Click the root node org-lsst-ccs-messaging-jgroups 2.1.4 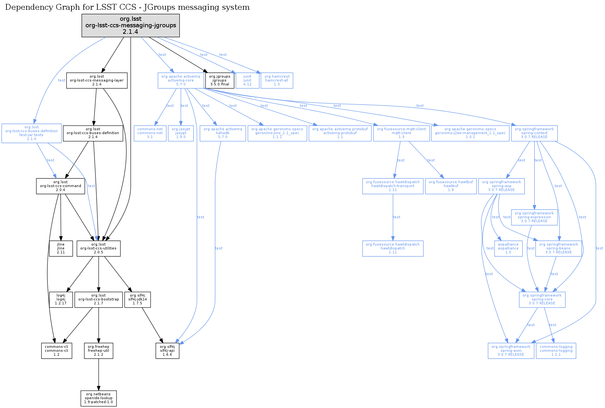coord(130,25)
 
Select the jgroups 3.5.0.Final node coord(219,81)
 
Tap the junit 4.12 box coord(247,81)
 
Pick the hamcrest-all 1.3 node coord(277,81)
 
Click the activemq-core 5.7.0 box coord(181,81)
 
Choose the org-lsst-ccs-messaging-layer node coord(97,81)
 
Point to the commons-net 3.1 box coord(150,133)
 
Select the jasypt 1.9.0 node coord(181,133)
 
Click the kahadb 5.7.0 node coord(223,133)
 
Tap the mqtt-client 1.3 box coord(401,133)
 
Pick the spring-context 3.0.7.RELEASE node coord(534,133)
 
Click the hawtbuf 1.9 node coord(451,186)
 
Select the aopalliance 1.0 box coord(508,249)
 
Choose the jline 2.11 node coord(61,249)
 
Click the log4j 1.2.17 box coord(61,300)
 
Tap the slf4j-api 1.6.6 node coord(167,351)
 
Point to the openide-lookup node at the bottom coord(98,398)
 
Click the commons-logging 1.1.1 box coord(556,351)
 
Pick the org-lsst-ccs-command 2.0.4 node coord(60,186)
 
